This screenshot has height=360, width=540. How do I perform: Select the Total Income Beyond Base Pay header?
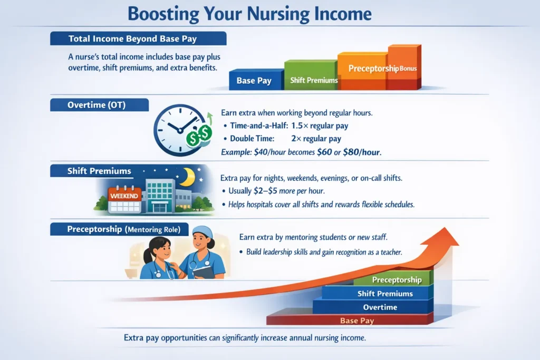pos(138,38)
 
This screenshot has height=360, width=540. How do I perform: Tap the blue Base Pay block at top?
pos(254,81)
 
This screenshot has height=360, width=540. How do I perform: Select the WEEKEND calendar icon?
pos(124,199)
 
